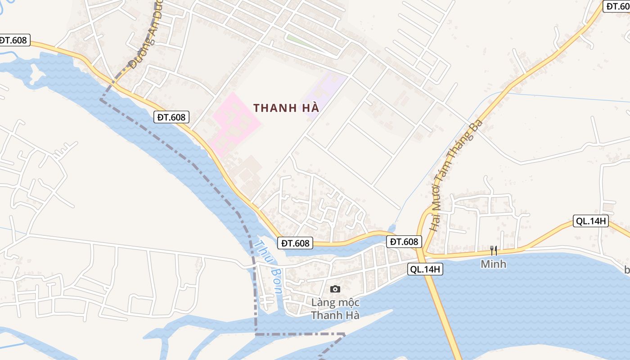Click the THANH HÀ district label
coord(286,108)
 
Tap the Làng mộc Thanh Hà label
coord(335,309)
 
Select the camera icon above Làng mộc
coord(335,289)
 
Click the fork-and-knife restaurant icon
coord(494,251)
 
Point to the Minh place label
coord(493,264)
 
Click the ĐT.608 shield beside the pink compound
coord(171,117)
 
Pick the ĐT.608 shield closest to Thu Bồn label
coord(295,243)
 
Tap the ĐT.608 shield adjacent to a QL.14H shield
coord(404,242)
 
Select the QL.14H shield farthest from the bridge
coord(590,221)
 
